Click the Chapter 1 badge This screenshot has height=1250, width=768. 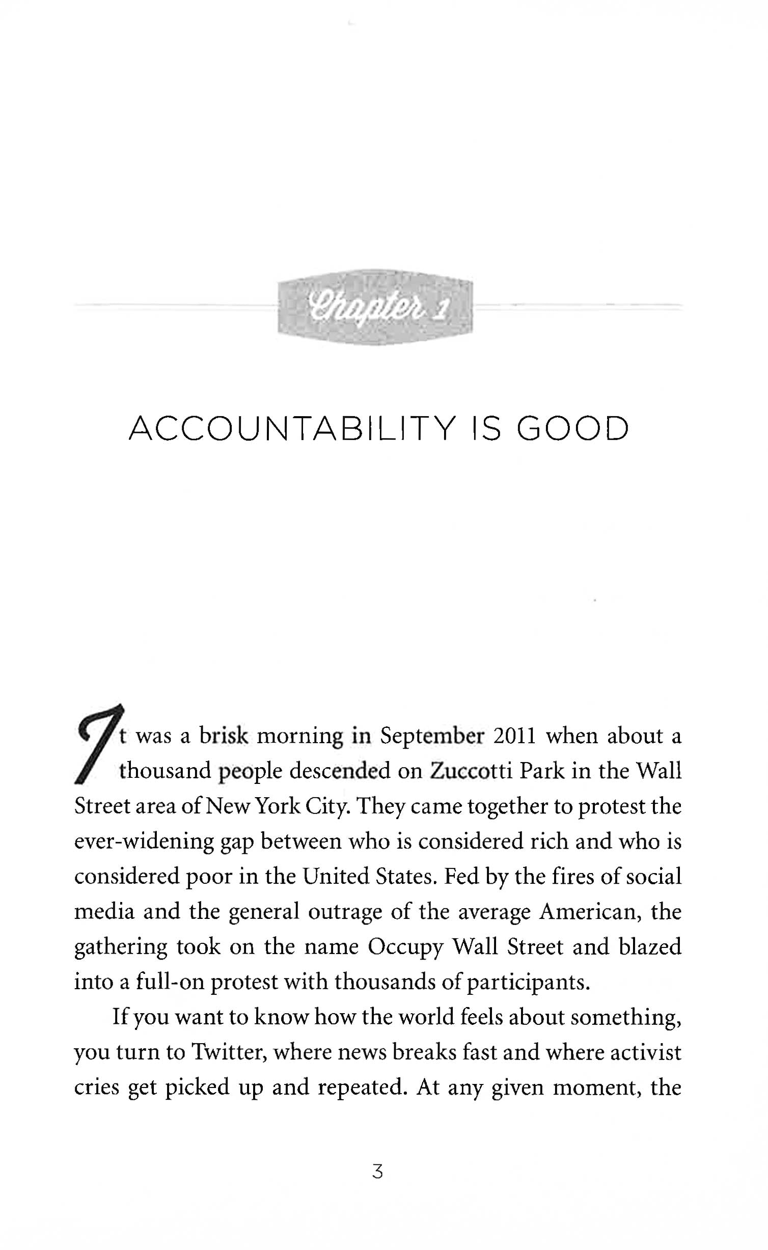375,307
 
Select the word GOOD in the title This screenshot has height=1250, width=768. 573,429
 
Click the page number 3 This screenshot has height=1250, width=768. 377,1171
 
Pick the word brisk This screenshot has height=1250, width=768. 224,737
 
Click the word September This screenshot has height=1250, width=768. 432,737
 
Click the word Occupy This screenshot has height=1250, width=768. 405,947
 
